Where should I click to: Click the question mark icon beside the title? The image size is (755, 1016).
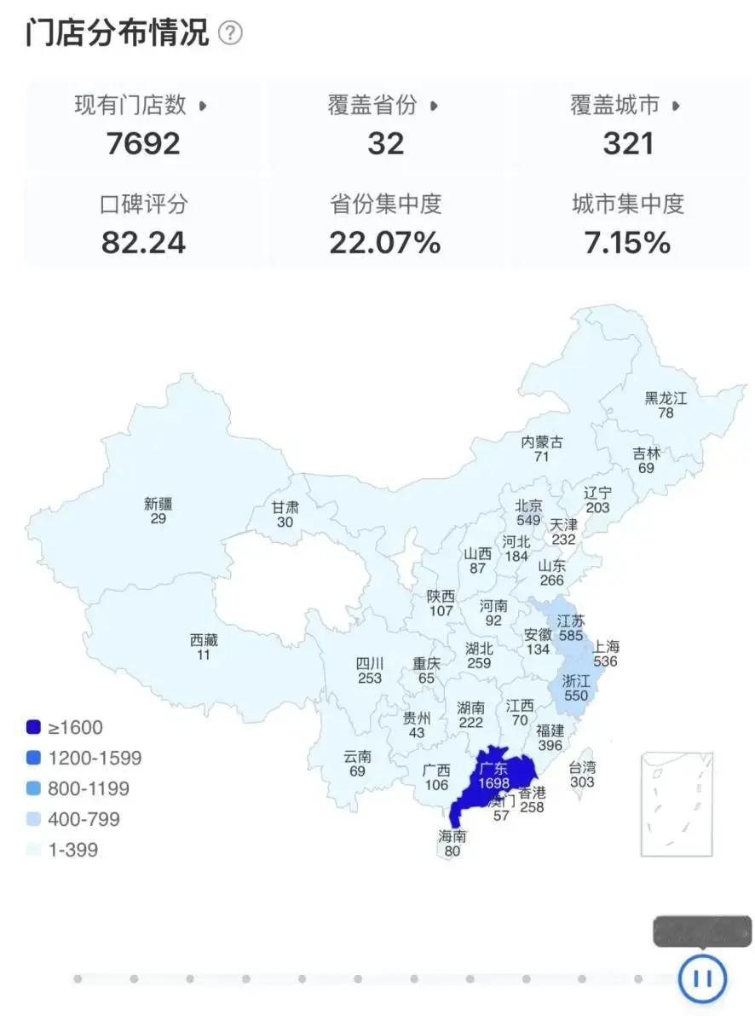[230, 33]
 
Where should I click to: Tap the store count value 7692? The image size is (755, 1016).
[143, 143]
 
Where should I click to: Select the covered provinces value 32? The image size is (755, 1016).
[385, 143]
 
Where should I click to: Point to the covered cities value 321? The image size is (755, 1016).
[628, 143]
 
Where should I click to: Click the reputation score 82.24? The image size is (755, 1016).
[143, 243]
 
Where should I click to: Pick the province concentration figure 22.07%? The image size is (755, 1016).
[385, 243]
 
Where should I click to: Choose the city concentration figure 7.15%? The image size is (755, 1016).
[628, 243]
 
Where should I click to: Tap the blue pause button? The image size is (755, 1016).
[702, 978]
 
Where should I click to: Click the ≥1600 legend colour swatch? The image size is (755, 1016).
[33, 728]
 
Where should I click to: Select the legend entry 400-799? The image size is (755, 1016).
[84, 819]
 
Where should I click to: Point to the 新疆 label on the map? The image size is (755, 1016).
[158, 504]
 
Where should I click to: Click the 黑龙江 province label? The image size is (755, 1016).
[665, 398]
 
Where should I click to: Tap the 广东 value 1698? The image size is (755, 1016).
[493, 783]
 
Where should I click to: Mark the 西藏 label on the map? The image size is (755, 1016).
[204, 640]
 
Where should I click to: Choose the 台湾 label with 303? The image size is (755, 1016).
[582, 767]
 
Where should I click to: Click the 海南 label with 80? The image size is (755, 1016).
[452, 836]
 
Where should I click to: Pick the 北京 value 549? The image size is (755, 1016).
[528, 520]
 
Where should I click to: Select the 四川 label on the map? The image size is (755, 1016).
[370, 664]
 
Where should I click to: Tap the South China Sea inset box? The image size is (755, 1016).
[677, 803]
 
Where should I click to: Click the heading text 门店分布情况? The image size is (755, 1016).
[117, 33]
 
